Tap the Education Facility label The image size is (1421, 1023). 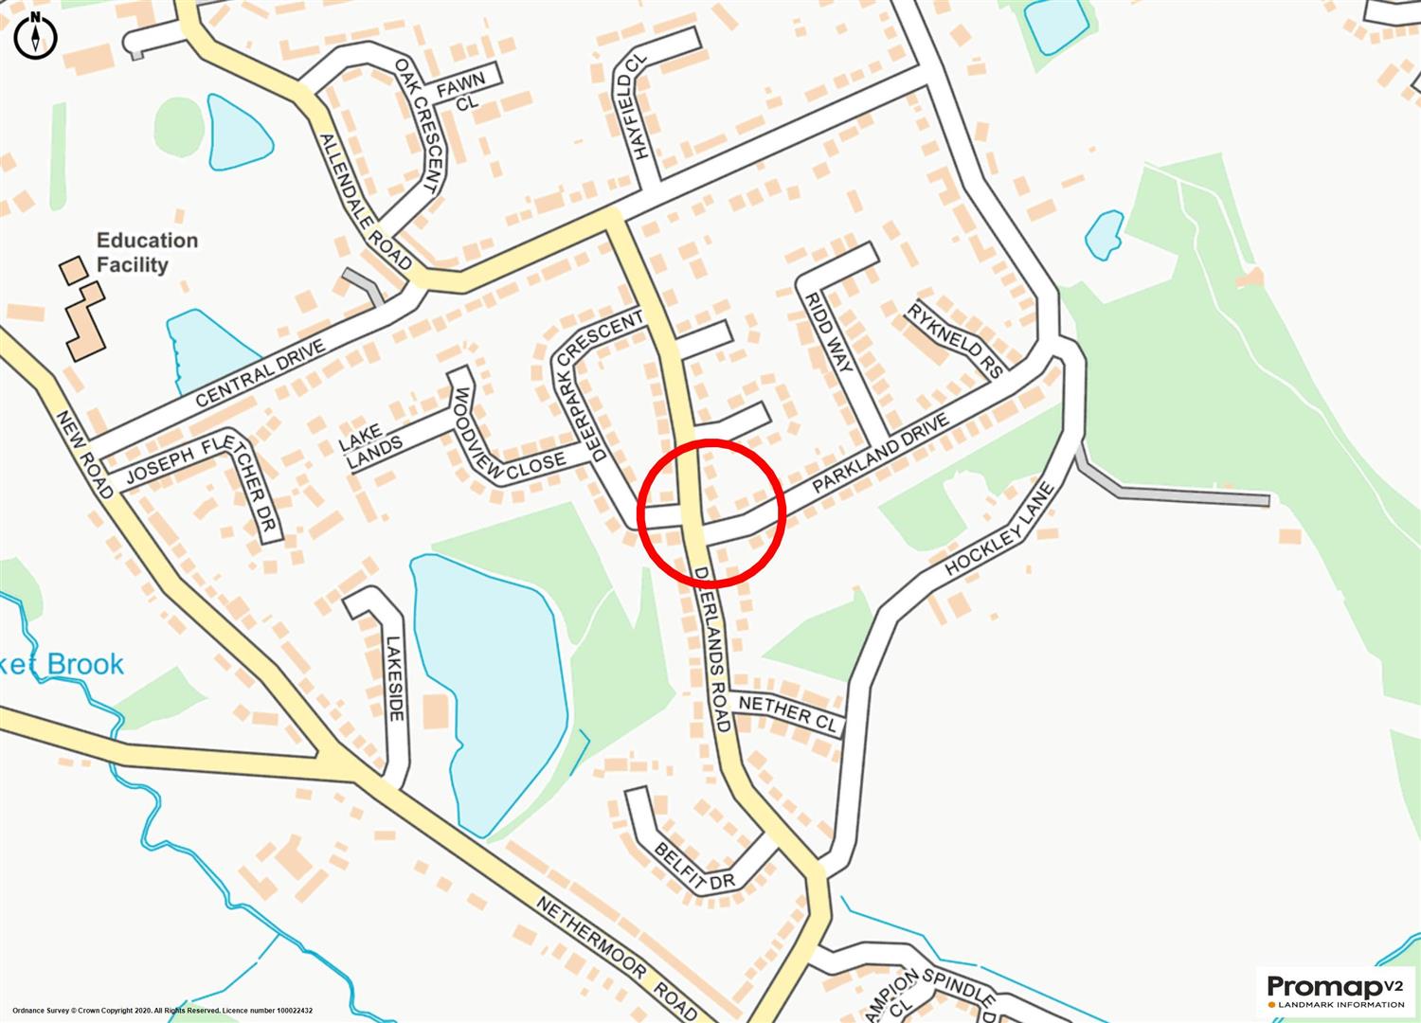[x=147, y=253]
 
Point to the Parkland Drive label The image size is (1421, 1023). [x=880, y=456]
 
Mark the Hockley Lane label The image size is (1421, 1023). [x=1000, y=529]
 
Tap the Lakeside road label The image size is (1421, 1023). [x=395, y=677]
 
